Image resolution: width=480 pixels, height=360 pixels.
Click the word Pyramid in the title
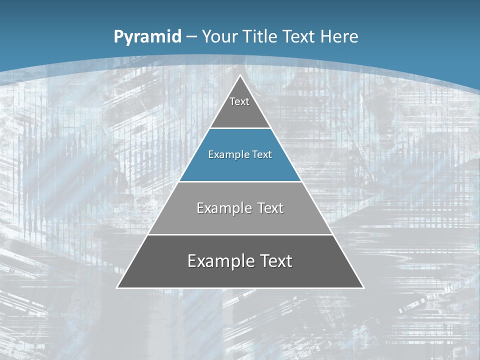coord(147,37)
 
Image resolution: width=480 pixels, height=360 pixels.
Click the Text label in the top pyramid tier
coord(239,101)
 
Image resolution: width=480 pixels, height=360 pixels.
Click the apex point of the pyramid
coord(240,75)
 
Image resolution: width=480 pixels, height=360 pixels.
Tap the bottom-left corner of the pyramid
coord(117,287)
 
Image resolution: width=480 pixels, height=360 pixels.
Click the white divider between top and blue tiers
coord(240,128)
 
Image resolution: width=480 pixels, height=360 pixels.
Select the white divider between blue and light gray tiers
coord(240,181)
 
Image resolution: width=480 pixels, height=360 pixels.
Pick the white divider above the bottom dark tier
coord(240,234)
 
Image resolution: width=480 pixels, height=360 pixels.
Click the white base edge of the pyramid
coord(240,288)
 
